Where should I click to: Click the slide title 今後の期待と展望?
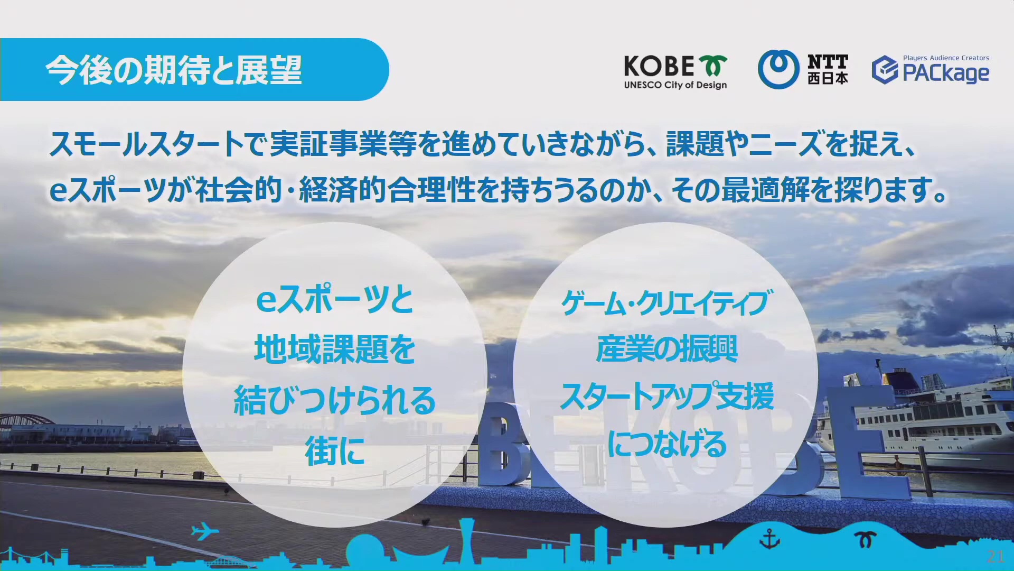(174, 70)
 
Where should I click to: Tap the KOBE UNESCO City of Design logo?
(675, 72)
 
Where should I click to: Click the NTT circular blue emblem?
(778, 69)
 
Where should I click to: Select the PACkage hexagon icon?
(885, 70)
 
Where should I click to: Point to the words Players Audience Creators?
(946, 58)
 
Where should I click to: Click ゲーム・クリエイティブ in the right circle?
(666, 303)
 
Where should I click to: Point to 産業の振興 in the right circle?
(666, 349)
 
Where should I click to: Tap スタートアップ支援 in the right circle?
(666, 396)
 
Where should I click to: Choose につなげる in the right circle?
(666, 444)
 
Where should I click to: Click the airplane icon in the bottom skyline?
(205, 531)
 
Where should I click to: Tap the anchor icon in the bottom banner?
(769, 540)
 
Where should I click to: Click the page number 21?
(996, 556)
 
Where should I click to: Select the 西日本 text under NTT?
(828, 78)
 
